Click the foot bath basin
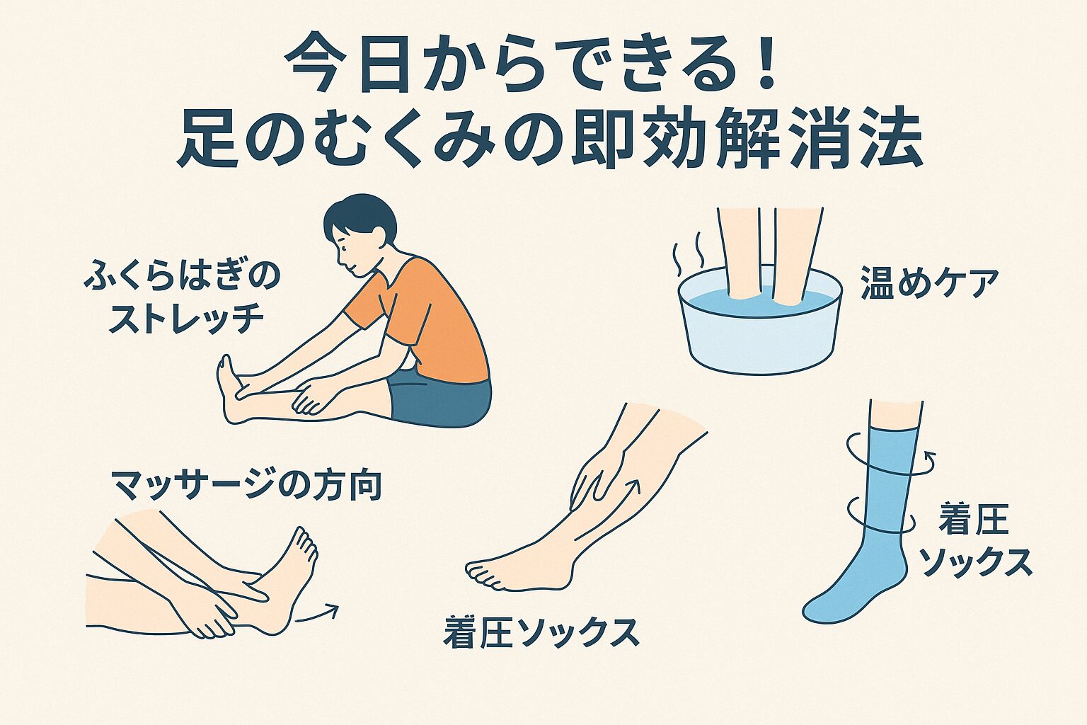coord(759,329)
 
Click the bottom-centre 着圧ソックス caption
coord(541,632)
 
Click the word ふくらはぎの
coord(182,278)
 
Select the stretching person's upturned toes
coord(225,371)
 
